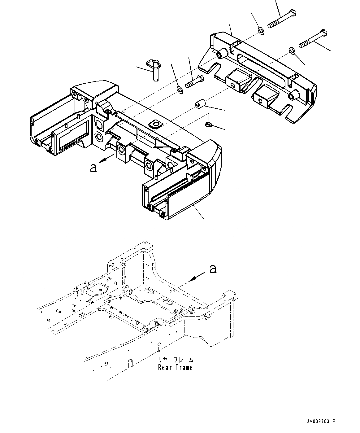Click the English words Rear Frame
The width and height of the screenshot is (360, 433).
click(x=175, y=368)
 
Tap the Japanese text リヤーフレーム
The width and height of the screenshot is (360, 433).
click(x=175, y=360)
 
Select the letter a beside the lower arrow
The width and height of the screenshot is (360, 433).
click(x=213, y=269)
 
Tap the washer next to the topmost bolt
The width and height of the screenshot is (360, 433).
click(x=261, y=30)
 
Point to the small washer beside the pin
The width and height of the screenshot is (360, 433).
click(x=179, y=90)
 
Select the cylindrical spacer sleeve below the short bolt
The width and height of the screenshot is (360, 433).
click(x=200, y=104)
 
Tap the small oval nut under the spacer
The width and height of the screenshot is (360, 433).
click(x=208, y=125)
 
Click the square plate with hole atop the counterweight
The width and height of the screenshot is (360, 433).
click(x=155, y=124)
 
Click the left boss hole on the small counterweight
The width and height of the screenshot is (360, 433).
click(x=221, y=55)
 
